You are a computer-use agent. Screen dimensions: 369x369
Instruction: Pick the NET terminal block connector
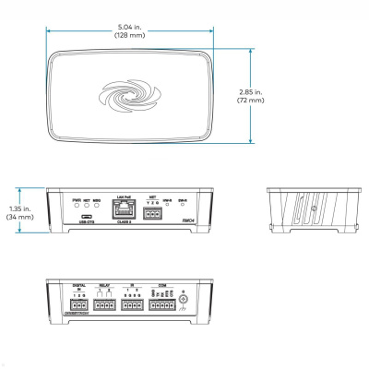[x=153, y=213]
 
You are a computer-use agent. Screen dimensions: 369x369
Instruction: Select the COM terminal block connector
[x=163, y=304]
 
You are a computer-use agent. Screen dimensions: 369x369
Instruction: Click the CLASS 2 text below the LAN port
[x=125, y=222]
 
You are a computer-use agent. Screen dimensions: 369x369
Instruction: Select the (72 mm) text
[x=275, y=101]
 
